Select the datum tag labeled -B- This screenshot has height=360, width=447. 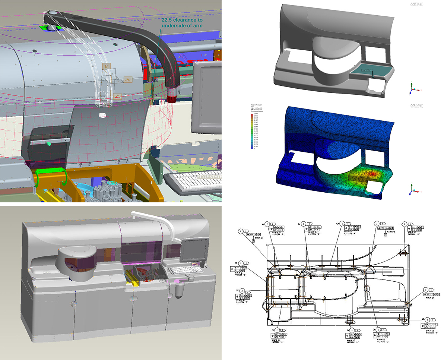click(x=107, y=66)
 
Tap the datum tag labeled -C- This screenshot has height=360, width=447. click(x=118, y=96)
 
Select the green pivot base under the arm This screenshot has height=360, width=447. click(x=51, y=27)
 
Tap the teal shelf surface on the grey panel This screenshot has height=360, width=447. click(x=371, y=70)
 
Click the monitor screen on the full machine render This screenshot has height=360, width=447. click(x=194, y=250)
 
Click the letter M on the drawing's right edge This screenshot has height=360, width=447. click(x=411, y=305)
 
